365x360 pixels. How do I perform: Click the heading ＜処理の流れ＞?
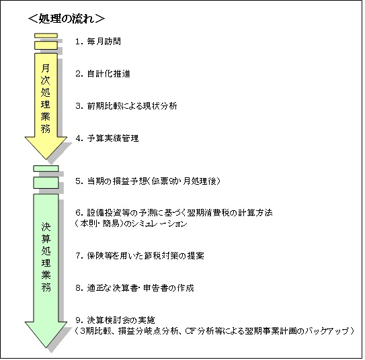coord(67,19)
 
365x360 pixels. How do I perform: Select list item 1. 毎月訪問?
coord(98,42)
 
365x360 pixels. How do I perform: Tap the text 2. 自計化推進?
coord(103,74)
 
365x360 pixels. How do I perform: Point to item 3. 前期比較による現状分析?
coord(126,106)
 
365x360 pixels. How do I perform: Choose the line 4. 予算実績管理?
coord(107,138)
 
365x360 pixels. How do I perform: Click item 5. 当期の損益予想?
coord(148,181)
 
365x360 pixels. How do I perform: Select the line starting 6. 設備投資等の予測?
coord(174,212)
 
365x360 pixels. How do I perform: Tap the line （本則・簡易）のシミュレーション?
coord(131,224)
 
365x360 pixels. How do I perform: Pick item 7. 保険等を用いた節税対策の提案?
coord(140,256)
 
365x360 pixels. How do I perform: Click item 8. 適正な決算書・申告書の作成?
coord(135,288)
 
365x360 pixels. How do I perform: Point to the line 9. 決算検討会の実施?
coord(115,320)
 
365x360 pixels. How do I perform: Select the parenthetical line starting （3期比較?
coord(214,330)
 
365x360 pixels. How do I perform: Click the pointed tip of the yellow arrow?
coord(46,159)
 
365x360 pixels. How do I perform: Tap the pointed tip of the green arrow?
coord(46,348)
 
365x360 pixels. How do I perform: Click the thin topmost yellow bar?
coord(46,36)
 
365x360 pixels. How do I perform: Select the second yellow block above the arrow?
coord(46,46)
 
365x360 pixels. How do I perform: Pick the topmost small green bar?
coord(46,169)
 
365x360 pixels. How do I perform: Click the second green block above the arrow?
coord(46,183)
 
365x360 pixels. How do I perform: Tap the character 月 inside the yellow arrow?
coord(46,68)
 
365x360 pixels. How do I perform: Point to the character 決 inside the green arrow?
coord(46,227)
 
